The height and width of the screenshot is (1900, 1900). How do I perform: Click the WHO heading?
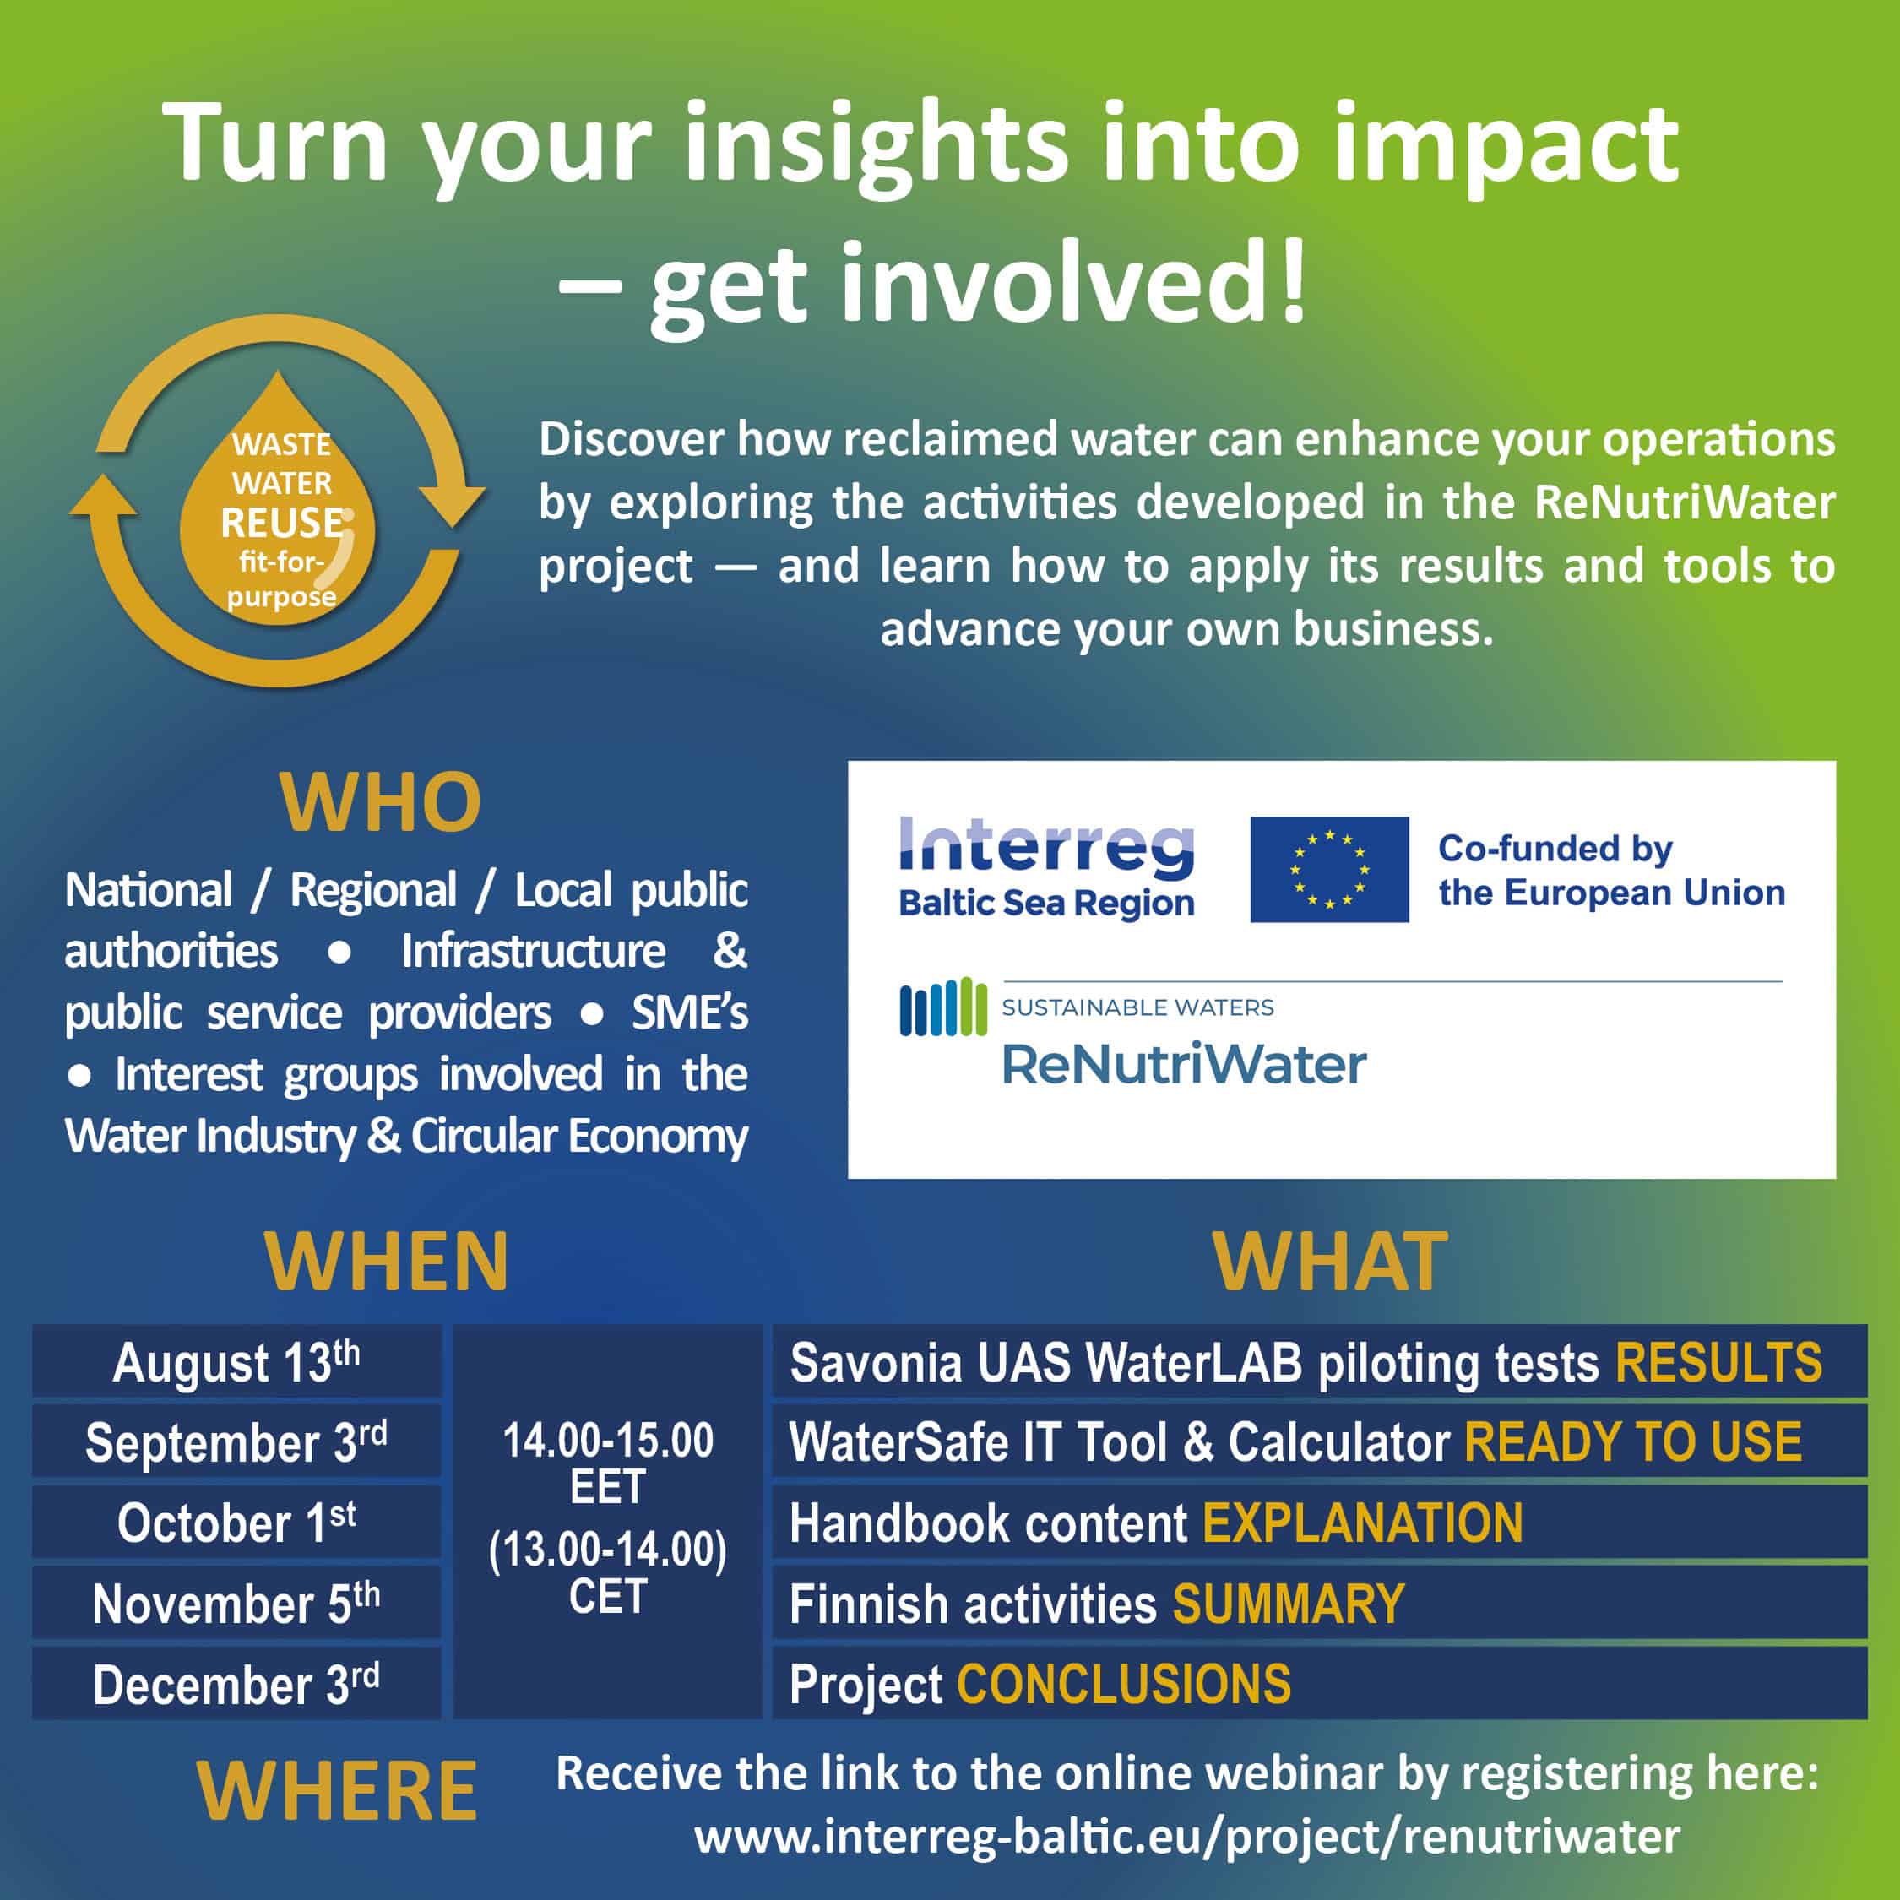point(381,802)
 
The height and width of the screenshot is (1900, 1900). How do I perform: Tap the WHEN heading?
point(387,1262)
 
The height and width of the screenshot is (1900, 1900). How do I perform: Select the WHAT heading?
point(1330,1262)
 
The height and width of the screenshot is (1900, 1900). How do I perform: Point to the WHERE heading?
point(337,1792)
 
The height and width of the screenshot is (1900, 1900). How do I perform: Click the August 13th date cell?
point(236,1362)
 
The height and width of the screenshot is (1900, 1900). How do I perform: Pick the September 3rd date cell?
point(236,1441)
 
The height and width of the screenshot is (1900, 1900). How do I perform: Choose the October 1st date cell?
point(236,1523)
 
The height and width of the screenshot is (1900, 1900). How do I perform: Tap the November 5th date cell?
point(236,1603)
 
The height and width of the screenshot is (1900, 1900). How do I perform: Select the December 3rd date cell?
point(236,1684)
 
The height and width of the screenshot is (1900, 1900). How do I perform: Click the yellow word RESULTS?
point(1718,1363)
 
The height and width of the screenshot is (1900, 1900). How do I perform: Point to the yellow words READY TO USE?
point(1632,1442)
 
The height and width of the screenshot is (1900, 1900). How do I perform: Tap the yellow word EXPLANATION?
point(1362,1523)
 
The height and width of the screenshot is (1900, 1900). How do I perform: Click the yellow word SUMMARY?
point(1289,1604)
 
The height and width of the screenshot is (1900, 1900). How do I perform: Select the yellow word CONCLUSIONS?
point(1123,1685)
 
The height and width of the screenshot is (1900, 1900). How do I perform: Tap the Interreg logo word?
point(1046,848)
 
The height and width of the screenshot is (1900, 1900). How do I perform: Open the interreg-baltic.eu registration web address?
point(1187,1836)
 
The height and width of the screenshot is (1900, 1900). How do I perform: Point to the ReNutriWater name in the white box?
point(1184,1063)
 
